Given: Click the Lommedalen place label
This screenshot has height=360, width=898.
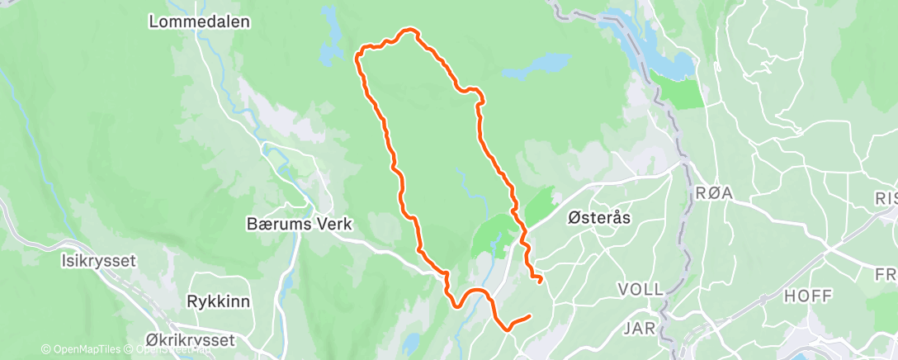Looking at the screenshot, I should [199, 22].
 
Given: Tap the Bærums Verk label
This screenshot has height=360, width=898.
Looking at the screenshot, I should [300, 224].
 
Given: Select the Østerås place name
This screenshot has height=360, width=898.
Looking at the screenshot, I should [599, 217].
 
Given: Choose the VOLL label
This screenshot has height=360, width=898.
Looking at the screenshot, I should [640, 290].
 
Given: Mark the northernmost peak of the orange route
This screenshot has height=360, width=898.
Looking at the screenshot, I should [408, 30].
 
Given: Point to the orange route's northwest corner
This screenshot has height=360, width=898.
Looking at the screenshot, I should [358, 55].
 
